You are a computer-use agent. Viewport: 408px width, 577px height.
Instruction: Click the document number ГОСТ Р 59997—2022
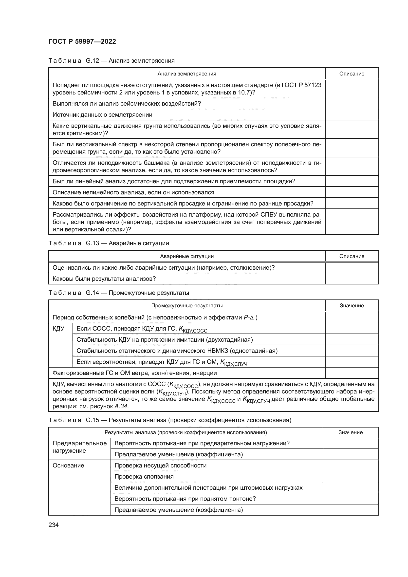click(x=82, y=41)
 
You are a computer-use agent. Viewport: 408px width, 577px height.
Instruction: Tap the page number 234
click(x=54, y=525)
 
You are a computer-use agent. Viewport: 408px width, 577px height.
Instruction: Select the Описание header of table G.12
click(x=352, y=74)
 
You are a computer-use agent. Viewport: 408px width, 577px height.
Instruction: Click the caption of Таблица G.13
click(x=109, y=243)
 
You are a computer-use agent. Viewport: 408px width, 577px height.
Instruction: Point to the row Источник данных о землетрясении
click(x=102, y=115)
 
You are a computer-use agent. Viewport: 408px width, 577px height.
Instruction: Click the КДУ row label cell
click(x=58, y=329)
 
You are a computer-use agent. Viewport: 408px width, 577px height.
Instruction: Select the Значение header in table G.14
click(x=352, y=306)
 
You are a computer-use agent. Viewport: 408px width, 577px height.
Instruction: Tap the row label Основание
click(x=68, y=465)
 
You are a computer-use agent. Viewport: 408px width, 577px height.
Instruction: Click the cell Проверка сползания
click(x=144, y=477)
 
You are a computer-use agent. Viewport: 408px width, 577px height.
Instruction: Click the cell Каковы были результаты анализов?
click(x=104, y=279)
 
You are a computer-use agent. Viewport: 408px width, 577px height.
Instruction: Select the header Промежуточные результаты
click(x=187, y=306)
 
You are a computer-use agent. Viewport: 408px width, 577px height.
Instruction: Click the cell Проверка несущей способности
click(x=160, y=465)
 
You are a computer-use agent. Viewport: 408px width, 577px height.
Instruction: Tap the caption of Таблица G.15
click(x=169, y=420)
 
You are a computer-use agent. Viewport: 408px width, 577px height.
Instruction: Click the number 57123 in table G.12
click(x=313, y=85)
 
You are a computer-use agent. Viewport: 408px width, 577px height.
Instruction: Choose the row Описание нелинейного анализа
click(x=133, y=192)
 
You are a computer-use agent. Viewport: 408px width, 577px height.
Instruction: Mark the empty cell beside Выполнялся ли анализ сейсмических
click(x=352, y=104)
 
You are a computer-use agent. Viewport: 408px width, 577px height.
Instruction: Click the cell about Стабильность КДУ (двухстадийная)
click(x=165, y=340)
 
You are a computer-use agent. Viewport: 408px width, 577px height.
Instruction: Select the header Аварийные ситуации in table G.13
click(x=187, y=256)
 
